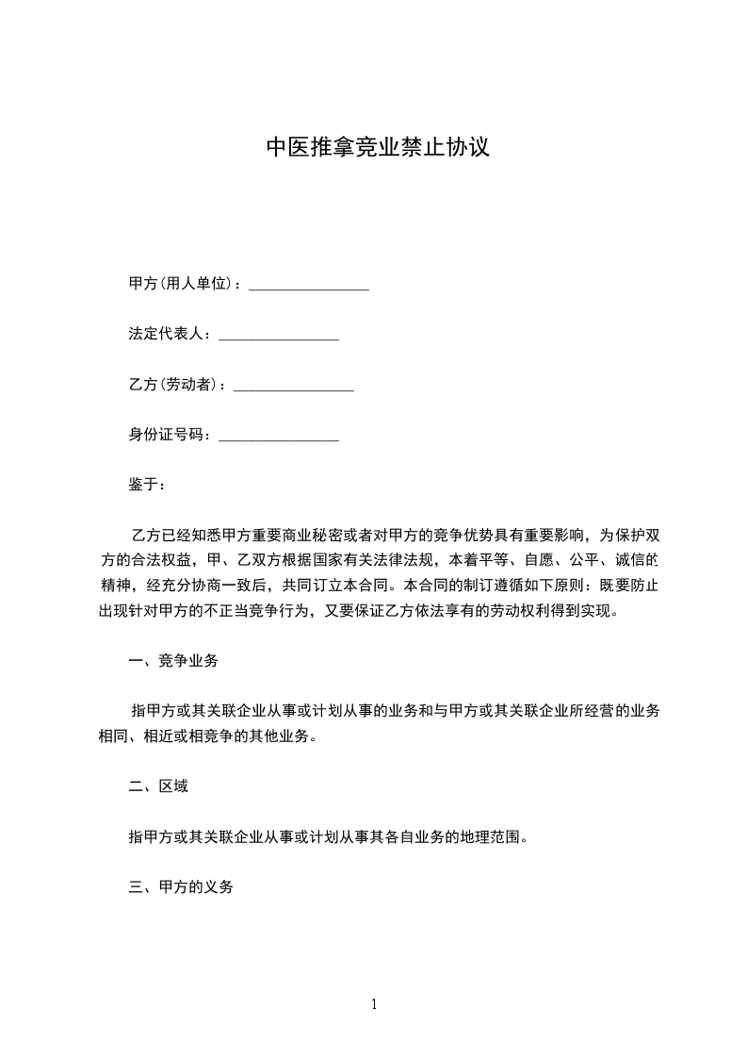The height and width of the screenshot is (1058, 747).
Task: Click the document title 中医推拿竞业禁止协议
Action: (377, 148)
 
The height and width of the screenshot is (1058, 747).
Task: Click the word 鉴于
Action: (142, 485)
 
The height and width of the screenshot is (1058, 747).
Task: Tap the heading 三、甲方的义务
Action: (180, 887)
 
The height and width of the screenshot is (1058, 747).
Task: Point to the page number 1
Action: (374, 1004)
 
